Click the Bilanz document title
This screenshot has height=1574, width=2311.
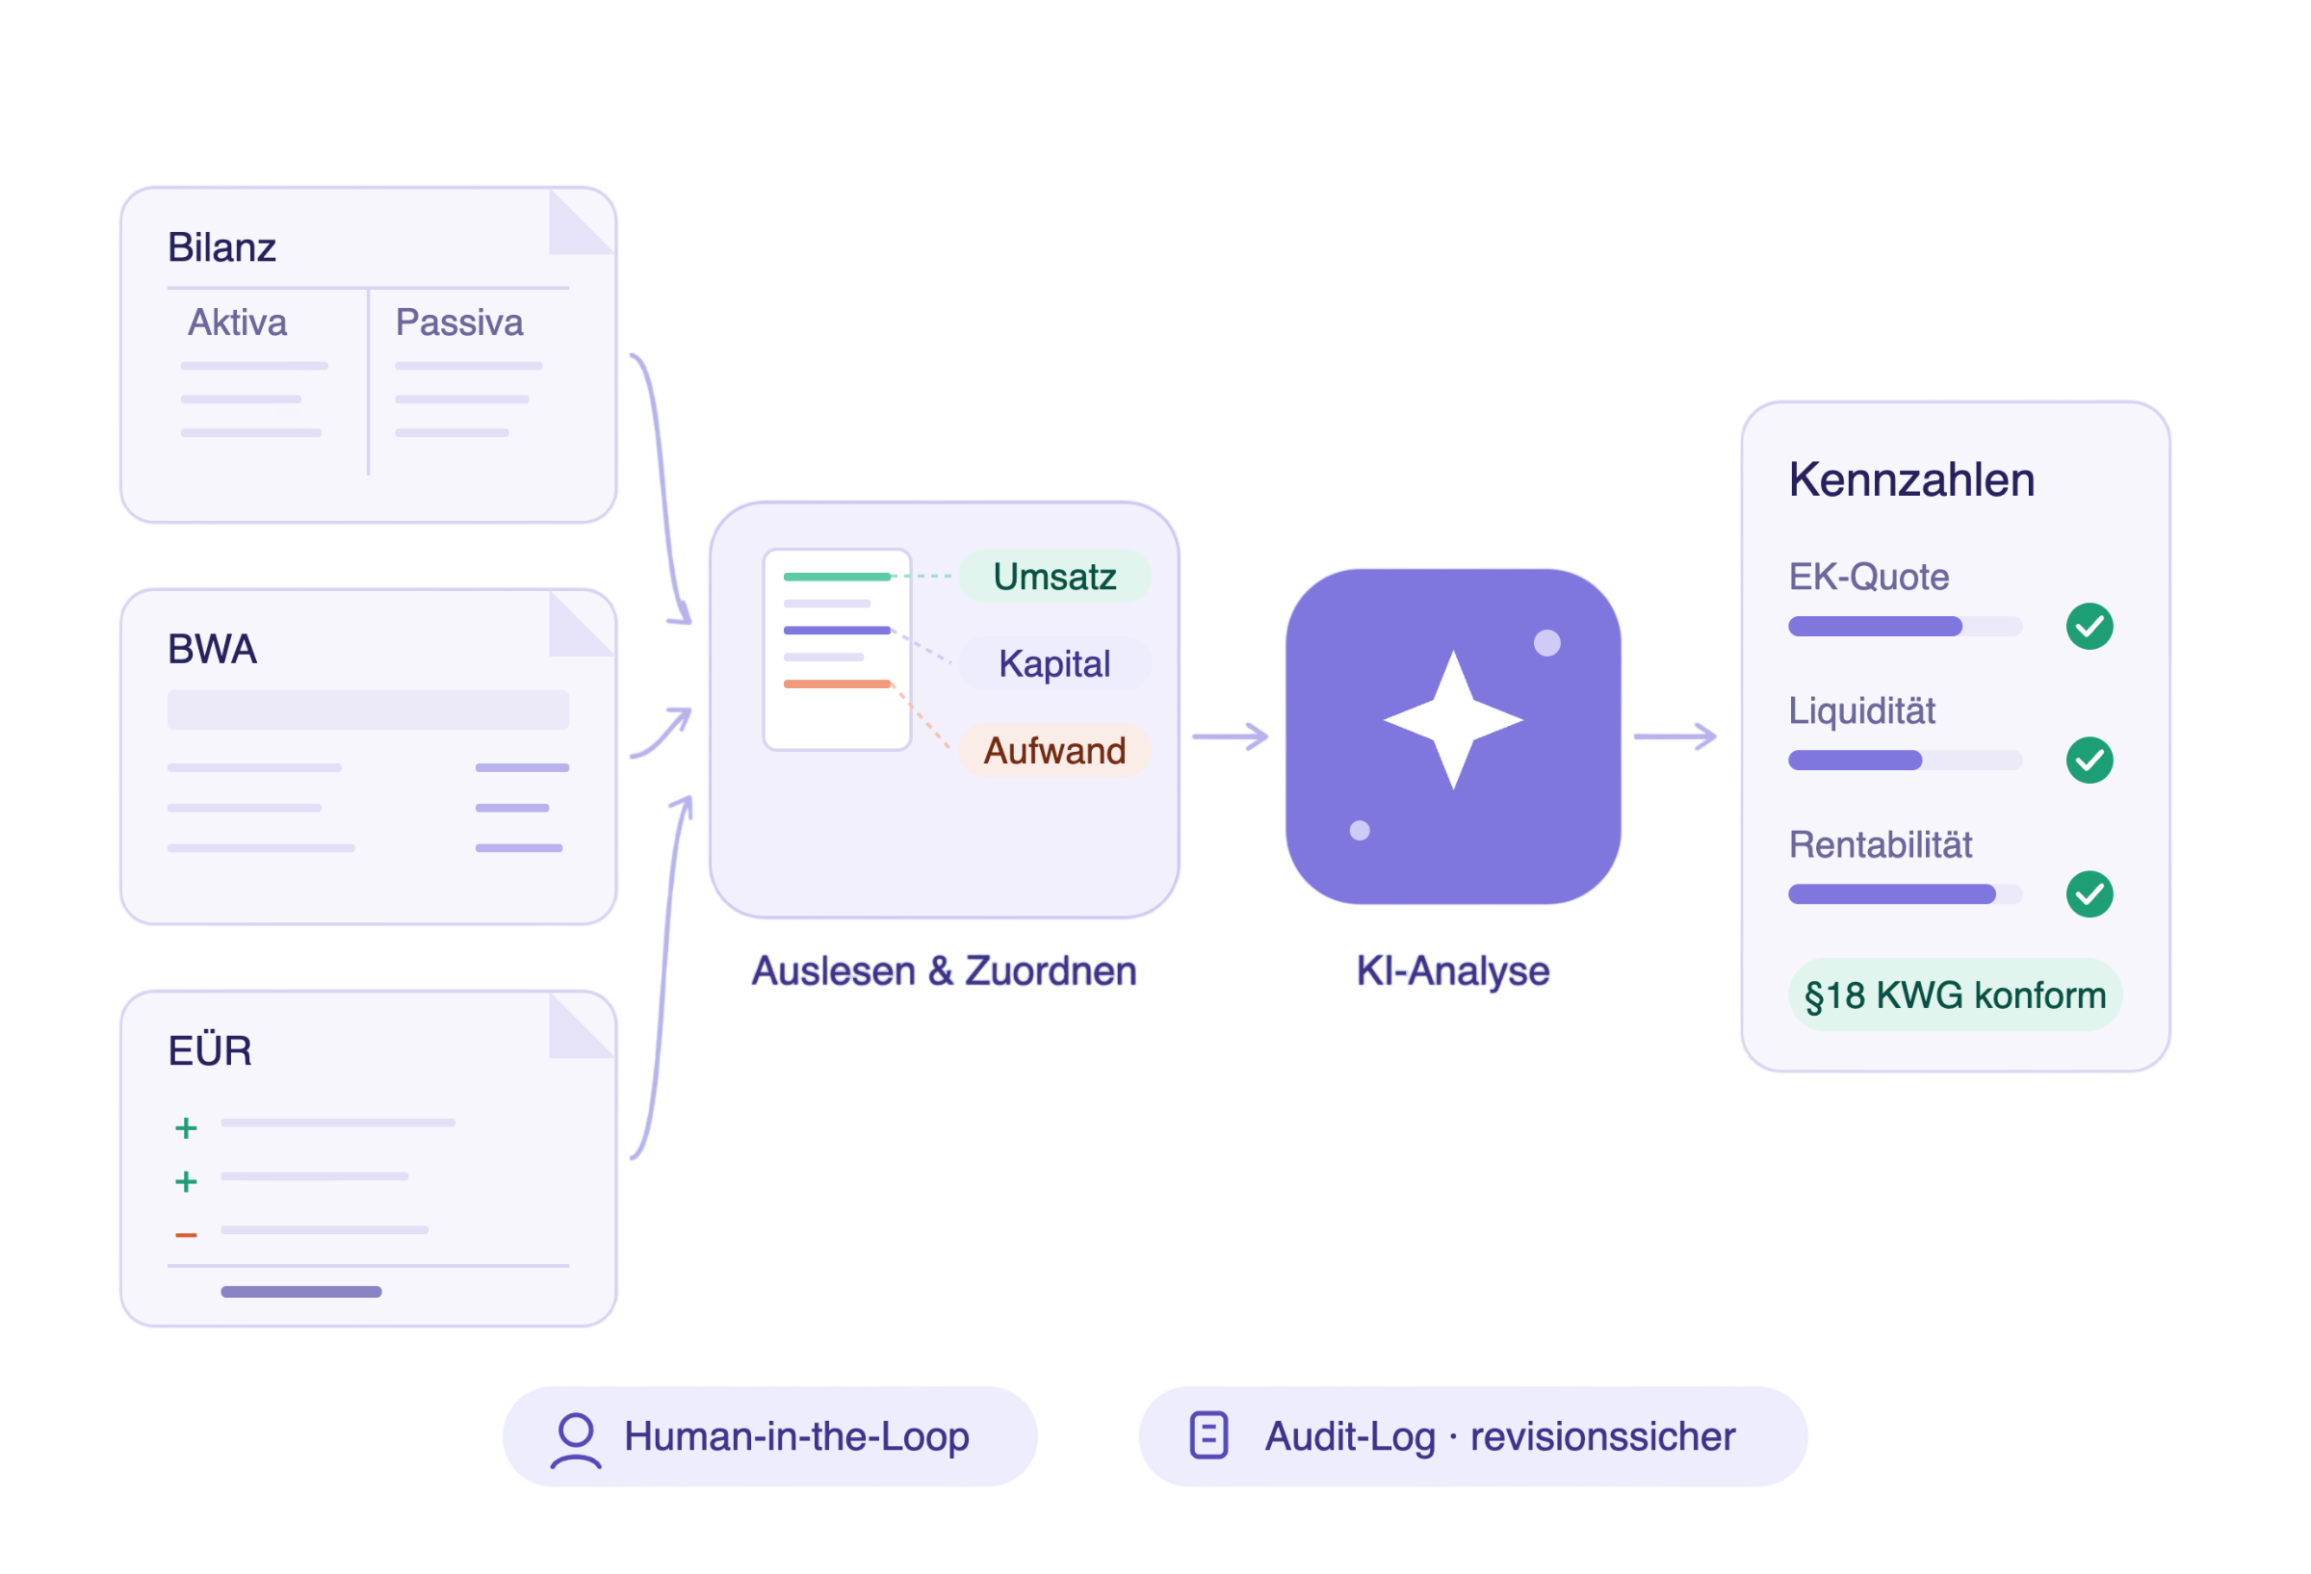click(x=221, y=246)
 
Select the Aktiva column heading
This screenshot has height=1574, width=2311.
click(x=238, y=323)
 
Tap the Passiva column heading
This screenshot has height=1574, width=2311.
click(x=458, y=323)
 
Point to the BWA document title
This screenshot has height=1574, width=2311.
click(x=212, y=648)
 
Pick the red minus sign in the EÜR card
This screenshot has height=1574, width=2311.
click(x=186, y=1235)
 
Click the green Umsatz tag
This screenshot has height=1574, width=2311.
click(x=1054, y=576)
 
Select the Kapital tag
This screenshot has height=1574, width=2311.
click(x=1054, y=663)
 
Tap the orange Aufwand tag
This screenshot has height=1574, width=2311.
click(x=1054, y=750)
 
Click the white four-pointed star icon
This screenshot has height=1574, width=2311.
click(x=1453, y=719)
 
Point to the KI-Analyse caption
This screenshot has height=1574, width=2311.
click(x=1453, y=970)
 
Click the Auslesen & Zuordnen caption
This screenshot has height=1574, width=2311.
click(x=944, y=970)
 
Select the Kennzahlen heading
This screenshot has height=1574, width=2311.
click(x=1911, y=479)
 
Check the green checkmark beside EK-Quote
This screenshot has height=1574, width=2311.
click(x=2090, y=627)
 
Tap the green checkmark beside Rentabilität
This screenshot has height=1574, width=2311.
click(x=2090, y=894)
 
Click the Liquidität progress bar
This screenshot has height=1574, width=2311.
click(x=1906, y=761)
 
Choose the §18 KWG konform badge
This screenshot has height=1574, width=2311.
click(x=1955, y=994)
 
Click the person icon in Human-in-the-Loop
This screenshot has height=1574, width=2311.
click(x=576, y=1440)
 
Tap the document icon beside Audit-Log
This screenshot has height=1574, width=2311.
click(x=1209, y=1435)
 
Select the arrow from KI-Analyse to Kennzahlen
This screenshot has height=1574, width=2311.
click(x=1675, y=735)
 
